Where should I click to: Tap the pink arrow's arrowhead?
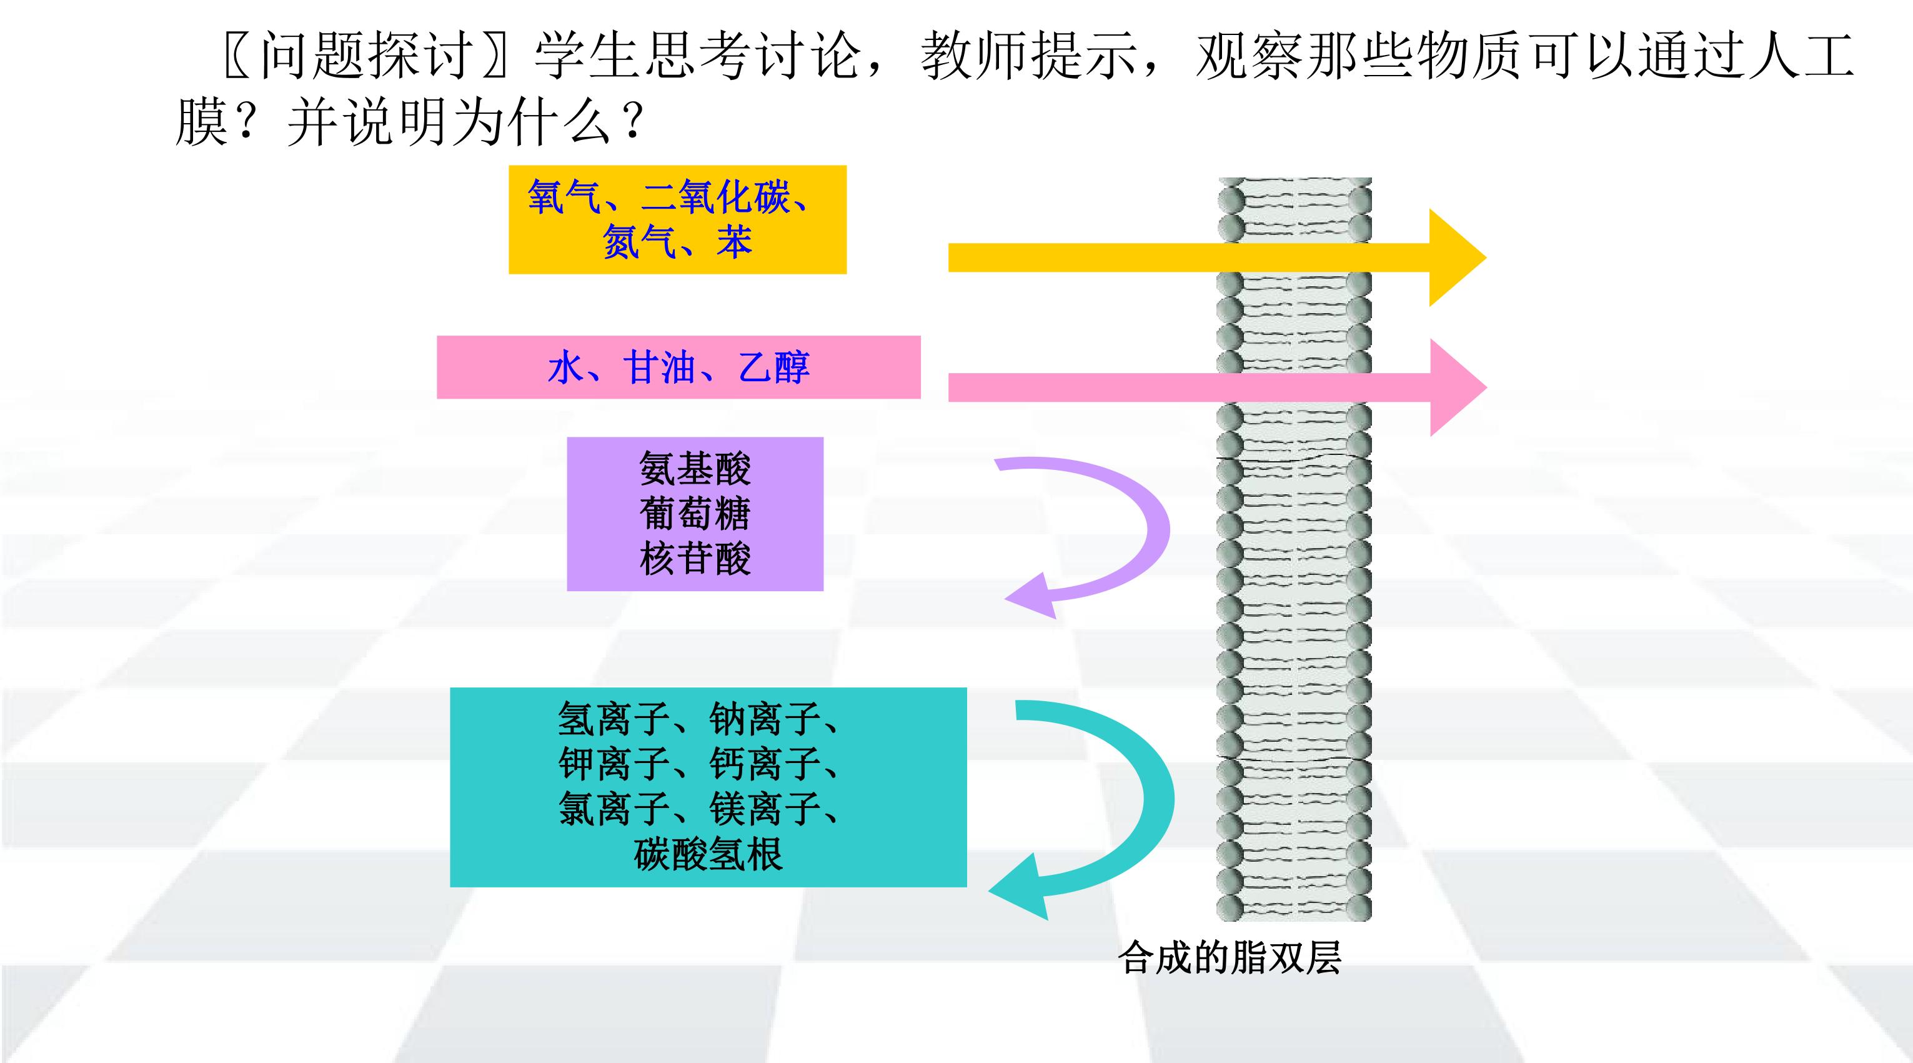point(1458,387)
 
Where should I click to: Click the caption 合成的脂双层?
point(1230,957)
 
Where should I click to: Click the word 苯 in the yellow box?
point(735,242)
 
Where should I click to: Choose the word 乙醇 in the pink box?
point(774,367)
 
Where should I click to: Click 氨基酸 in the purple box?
point(695,469)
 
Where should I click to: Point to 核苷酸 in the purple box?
point(695,559)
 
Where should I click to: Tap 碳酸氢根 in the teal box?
point(708,854)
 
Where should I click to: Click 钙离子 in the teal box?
point(765,764)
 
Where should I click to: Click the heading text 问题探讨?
point(367,56)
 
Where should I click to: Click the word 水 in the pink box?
point(566,367)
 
